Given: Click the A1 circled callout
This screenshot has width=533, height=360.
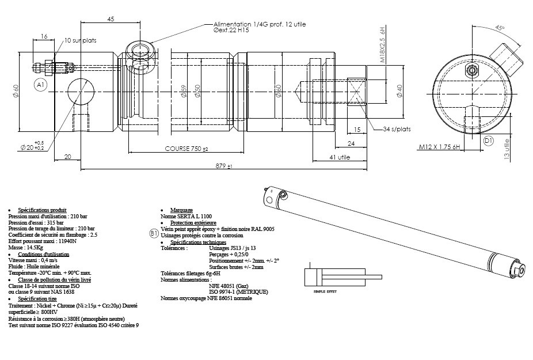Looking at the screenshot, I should pyautogui.click(x=40, y=85).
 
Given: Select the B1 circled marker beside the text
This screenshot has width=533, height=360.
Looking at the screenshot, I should pyautogui.click(x=154, y=233).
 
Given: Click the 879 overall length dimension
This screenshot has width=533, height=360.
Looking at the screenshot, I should pyautogui.click(x=224, y=166).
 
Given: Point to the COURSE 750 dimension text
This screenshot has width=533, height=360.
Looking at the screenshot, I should pyautogui.click(x=186, y=148).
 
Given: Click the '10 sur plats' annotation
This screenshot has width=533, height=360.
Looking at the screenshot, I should pyautogui.click(x=80, y=41).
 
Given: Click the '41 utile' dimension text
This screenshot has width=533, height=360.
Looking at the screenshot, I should pyautogui.click(x=340, y=157).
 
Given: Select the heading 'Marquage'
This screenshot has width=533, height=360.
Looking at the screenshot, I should pyautogui.click(x=181, y=210).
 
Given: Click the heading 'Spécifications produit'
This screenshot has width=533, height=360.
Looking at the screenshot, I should pyautogui.click(x=42, y=210).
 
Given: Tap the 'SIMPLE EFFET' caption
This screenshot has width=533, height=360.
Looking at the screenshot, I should pyautogui.click(x=324, y=292).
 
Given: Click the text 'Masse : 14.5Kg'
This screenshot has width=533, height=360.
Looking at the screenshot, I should pyautogui.click(x=25, y=248).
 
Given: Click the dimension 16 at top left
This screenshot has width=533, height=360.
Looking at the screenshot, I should pyautogui.click(x=44, y=36).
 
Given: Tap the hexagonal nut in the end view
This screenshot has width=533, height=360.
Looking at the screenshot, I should pyautogui.click(x=473, y=71).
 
